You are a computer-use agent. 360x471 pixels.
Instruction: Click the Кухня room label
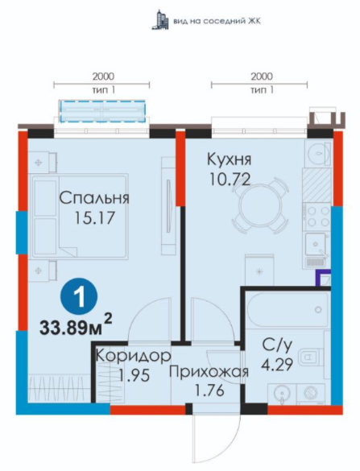pos(229,159)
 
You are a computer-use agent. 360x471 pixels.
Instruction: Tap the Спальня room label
pos(94,198)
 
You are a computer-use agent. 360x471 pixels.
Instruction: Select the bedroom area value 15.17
pos(95,217)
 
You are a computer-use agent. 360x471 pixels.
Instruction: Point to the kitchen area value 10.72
pos(230,180)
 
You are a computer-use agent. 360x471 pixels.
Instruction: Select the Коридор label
pos(134,356)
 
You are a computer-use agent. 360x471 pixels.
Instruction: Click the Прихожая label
pos(209,372)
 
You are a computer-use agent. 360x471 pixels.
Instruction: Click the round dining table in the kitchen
pos(260,206)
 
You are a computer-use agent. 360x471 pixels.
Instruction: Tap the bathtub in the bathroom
pos(287,309)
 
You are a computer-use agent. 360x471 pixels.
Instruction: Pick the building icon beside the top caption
pos(159,20)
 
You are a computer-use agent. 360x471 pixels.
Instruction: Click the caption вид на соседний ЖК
pos(217,21)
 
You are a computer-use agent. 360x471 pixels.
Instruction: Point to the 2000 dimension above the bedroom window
pos(103,76)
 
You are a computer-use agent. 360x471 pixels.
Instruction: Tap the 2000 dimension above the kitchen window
pos(262,76)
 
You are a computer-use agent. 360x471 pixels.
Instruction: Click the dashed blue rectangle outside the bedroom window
pos(103,111)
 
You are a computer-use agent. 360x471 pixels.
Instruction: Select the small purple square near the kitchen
pos(322,278)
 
